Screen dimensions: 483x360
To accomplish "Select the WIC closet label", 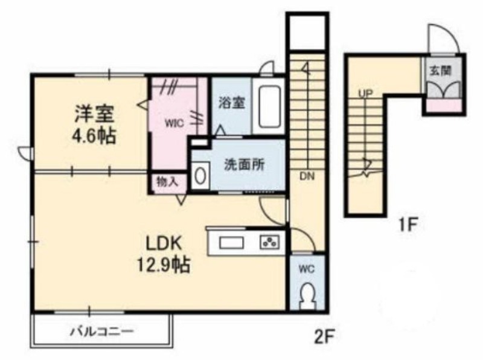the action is [x=174, y=124].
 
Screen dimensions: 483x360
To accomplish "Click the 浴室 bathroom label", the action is [x=232, y=103].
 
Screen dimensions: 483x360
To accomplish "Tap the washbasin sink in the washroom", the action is [x=200, y=176].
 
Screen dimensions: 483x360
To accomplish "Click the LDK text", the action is [x=163, y=244].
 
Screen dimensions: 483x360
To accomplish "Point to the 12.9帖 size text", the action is [x=163, y=265].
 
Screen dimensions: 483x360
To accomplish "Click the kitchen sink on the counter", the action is [x=231, y=243].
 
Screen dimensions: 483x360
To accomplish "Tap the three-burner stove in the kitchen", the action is [x=270, y=243].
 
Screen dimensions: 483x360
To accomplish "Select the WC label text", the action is [x=307, y=269].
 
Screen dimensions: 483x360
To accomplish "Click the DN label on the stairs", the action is [x=307, y=176].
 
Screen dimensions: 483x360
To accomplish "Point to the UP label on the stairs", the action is [x=365, y=92].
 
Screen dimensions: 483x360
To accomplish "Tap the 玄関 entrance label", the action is [x=441, y=71].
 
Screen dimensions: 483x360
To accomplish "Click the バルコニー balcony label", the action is [x=103, y=332].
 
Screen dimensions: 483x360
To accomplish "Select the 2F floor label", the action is [x=325, y=338].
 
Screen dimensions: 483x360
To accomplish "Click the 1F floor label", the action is [x=409, y=225].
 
